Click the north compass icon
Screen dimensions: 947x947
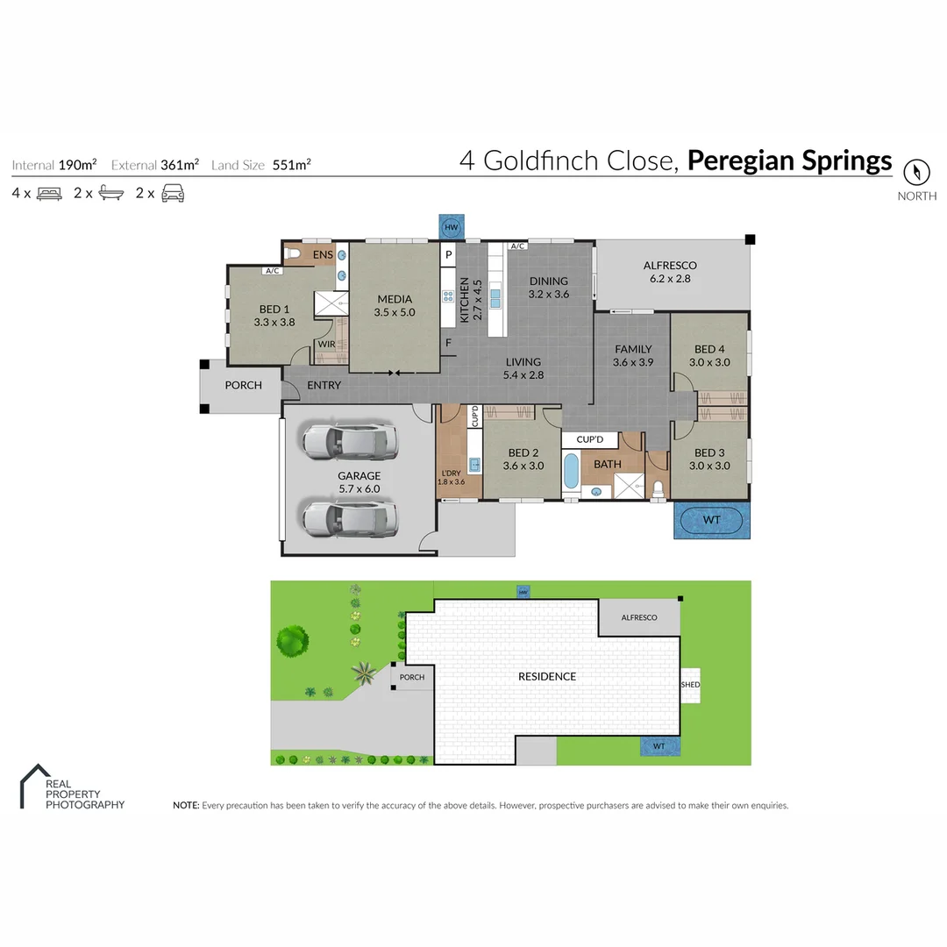(916, 170)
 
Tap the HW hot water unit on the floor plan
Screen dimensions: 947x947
(452, 227)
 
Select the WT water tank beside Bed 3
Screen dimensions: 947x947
(711, 520)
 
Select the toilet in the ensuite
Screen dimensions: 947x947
(295, 254)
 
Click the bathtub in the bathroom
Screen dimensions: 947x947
(571, 471)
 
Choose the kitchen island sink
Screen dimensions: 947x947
(495, 298)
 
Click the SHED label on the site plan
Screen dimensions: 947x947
(691, 685)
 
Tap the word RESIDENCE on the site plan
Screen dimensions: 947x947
(546, 676)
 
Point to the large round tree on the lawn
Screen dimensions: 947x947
(292, 641)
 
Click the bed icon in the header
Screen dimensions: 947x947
(49, 194)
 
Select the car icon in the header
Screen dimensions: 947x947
(173, 194)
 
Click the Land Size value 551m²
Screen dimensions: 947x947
(292, 164)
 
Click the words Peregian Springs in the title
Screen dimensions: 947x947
(789, 161)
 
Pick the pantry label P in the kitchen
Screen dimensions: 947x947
(447, 255)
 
